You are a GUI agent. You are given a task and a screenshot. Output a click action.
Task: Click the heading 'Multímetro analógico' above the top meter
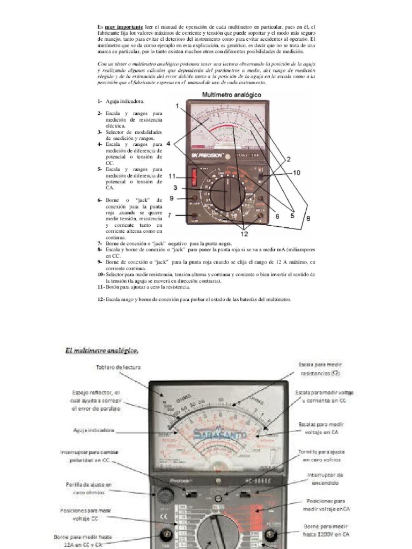click(231, 95)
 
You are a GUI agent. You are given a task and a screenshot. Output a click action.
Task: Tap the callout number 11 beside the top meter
click(172, 176)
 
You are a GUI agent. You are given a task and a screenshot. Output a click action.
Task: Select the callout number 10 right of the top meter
click(297, 173)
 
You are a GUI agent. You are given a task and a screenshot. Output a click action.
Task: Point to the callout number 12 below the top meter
click(244, 233)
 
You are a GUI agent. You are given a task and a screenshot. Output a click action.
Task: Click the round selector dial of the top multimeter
click(227, 192)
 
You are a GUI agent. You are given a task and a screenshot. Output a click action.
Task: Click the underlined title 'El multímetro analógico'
click(102, 351)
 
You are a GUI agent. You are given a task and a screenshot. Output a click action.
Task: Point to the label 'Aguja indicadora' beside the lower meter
click(93, 430)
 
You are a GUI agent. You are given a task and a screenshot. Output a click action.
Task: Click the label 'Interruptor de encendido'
click(325, 479)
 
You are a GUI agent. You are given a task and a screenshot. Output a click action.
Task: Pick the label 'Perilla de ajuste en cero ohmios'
click(86, 488)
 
